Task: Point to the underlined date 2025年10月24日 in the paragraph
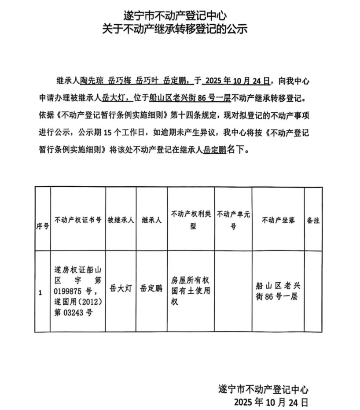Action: click(235, 81)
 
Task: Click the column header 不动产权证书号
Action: click(78, 219)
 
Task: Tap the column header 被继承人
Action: click(121, 219)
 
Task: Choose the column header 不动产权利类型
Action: click(191, 219)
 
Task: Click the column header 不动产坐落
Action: click(277, 219)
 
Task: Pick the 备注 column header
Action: click(313, 219)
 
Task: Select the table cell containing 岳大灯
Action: click(121, 289)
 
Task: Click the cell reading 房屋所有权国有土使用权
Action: click(191, 291)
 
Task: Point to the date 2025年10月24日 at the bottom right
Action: click(271, 402)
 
